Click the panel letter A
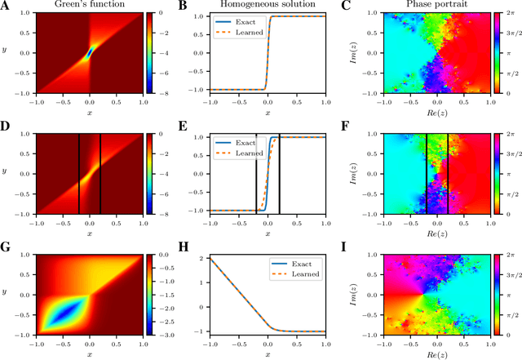[7, 6]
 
